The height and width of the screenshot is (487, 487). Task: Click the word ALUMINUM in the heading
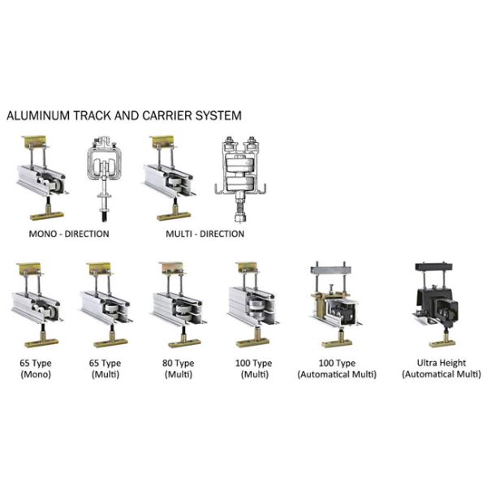click(x=38, y=115)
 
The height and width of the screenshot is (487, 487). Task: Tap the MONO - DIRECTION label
click(x=69, y=234)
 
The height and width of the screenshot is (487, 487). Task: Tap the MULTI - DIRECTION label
click(x=205, y=234)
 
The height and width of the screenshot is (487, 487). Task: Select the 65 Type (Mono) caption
click(x=36, y=368)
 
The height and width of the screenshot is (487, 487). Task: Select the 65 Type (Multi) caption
click(x=106, y=368)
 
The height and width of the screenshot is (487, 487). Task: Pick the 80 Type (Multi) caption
click(x=179, y=368)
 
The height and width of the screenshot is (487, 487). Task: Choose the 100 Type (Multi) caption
click(x=254, y=368)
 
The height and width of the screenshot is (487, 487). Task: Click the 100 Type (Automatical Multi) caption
click(x=337, y=368)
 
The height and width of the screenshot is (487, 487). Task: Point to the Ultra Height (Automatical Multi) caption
click(x=442, y=368)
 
